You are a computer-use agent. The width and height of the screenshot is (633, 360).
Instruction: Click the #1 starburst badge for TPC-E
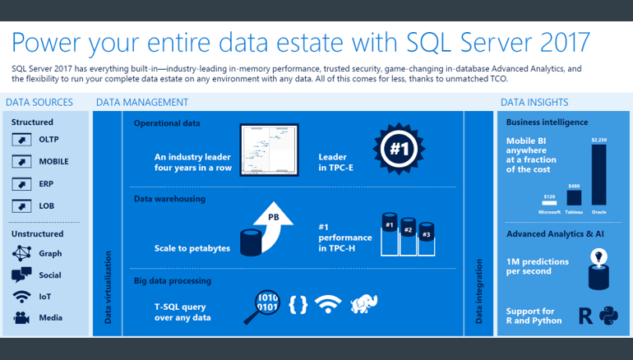[399, 149]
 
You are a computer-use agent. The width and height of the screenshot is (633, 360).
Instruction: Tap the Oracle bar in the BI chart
[598, 174]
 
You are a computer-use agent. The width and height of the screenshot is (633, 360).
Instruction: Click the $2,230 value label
[598, 140]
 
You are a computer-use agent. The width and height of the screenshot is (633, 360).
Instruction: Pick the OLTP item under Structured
[48, 140]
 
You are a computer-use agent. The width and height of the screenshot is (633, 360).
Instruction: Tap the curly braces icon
[298, 304]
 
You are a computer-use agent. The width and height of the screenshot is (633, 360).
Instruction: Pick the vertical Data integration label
[479, 291]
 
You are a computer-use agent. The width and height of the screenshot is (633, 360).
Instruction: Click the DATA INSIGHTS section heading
[534, 103]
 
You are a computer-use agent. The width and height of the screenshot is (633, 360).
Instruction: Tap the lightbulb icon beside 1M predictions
[599, 256]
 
